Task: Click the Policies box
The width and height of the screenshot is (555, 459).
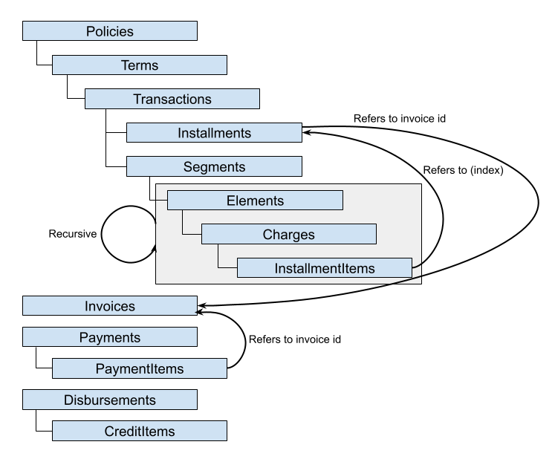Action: [x=110, y=31]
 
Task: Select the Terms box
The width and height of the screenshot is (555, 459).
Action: [x=140, y=65]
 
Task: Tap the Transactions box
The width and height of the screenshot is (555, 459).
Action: [x=172, y=100]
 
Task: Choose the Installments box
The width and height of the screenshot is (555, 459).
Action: [x=214, y=134]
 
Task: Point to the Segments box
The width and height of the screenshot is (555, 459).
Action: [x=214, y=167]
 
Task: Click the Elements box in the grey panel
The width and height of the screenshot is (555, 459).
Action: [x=255, y=201]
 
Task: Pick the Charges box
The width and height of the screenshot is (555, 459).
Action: [x=288, y=235]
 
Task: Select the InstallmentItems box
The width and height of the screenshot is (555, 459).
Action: [x=324, y=268]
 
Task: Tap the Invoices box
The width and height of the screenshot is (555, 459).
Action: [x=110, y=306]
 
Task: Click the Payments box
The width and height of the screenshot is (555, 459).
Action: [x=110, y=338]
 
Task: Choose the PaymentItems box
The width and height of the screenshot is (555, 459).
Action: [x=140, y=369]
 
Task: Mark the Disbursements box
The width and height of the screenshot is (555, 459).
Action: [x=110, y=400]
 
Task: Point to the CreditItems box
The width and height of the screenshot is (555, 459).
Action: [x=140, y=432]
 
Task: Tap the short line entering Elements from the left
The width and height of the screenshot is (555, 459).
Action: [x=161, y=201]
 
